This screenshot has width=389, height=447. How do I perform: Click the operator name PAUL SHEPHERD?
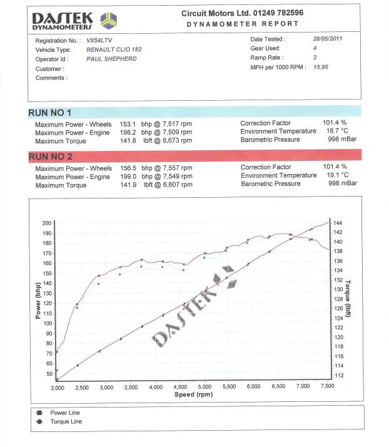pyautogui.click(x=112, y=59)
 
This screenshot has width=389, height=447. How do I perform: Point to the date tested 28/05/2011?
pyautogui.click(x=327, y=39)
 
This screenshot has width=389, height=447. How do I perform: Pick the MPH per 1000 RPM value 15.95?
pyautogui.click(x=321, y=67)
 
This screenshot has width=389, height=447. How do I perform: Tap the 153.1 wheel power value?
pyautogui.click(x=128, y=124)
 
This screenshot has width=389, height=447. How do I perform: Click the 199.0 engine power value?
pyautogui.click(x=128, y=177)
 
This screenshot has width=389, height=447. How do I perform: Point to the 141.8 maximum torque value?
pyautogui.click(x=128, y=141)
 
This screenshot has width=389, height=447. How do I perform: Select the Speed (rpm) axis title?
pyautogui.click(x=193, y=394)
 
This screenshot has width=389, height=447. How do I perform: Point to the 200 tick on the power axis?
pyautogui.click(x=47, y=223)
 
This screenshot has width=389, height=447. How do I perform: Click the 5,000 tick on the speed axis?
pyautogui.click(x=205, y=388)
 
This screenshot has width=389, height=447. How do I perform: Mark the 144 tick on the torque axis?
pyautogui.click(x=338, y=223)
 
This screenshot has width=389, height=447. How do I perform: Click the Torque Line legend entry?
pyautogui.click(x=66, y=422)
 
